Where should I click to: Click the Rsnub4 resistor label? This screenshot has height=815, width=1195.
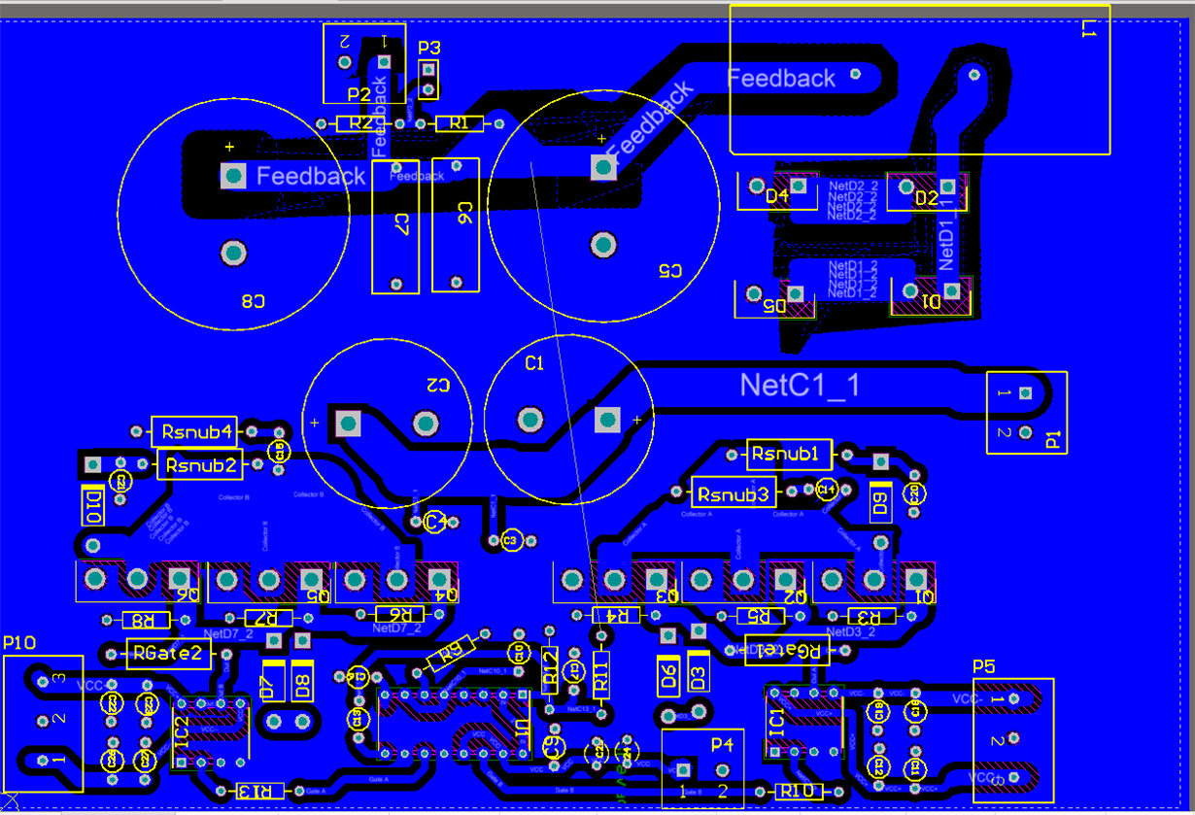(197, 431)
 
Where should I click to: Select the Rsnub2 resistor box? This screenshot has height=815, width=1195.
(201, 465)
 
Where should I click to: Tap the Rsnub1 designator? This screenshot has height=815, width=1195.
(790, 454)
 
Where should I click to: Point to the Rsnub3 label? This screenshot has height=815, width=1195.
(734, 493)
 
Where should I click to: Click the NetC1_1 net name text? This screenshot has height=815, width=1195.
(800, 386)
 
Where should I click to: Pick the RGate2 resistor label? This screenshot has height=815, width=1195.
(168, 654)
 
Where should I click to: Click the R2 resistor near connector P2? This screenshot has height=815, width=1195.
(360, 123)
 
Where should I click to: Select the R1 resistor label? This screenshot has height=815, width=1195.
(460, 123)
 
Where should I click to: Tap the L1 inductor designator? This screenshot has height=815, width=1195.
(1087, 30)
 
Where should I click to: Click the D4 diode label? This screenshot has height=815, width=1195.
(777, 196)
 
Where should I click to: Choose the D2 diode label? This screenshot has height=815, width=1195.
(928, 198)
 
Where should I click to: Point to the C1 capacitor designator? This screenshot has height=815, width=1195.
(534, 363)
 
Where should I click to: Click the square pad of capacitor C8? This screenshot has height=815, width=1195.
(233, 175)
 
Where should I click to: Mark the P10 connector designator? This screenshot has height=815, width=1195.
(19, 643)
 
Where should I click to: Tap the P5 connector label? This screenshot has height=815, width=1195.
(984, 666)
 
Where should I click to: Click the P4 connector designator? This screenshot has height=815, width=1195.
(722, 745)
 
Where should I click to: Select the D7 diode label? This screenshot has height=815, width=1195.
(268, 686)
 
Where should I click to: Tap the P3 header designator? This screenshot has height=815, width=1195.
(428, 48)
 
